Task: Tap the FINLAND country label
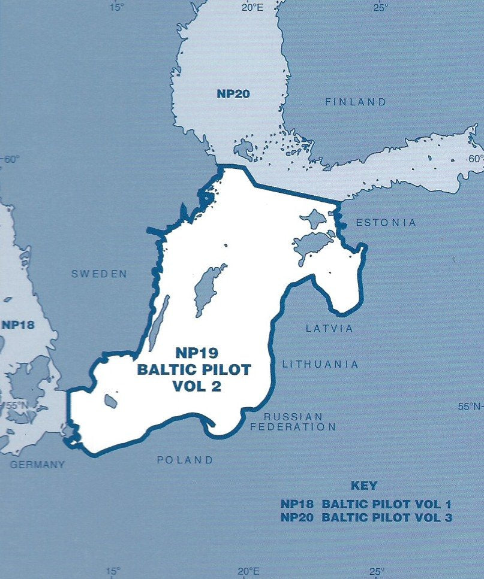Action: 356,102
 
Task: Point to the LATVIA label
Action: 329,328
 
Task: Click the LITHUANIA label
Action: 320,364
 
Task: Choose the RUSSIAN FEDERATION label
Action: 293,422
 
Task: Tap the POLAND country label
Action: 185,460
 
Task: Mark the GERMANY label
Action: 37,464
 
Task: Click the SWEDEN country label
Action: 99,274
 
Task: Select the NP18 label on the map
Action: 18,326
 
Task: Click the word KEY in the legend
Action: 363,486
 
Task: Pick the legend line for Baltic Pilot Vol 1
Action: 366,504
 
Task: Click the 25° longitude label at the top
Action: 380,7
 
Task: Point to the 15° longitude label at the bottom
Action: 113,571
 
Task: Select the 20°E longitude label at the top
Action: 251,7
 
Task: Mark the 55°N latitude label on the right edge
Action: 471,407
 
